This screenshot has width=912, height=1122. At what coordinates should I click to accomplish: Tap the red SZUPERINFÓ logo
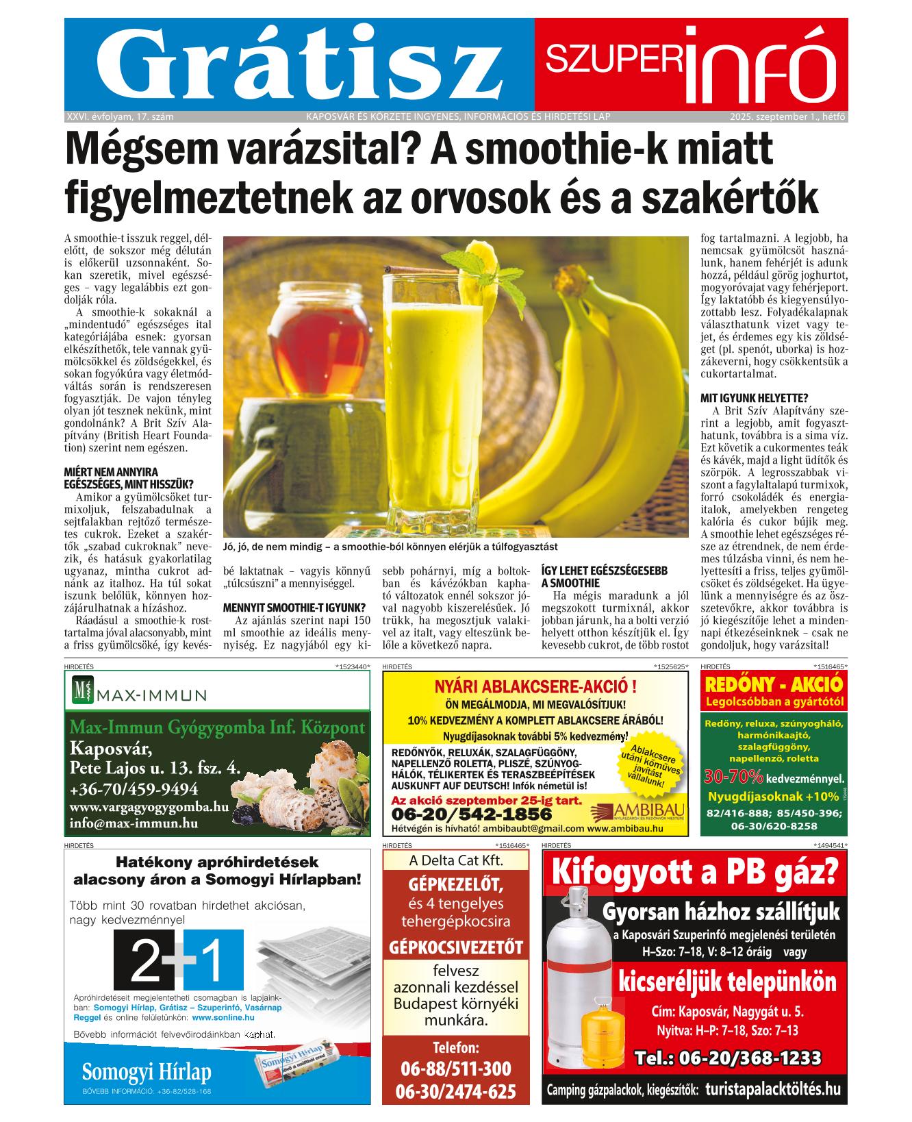click(x=690, y=63)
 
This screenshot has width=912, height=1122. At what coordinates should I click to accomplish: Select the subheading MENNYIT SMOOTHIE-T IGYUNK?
click(x=294, y=608)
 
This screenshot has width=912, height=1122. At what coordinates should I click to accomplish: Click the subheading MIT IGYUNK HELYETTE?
click(x=755, y=397)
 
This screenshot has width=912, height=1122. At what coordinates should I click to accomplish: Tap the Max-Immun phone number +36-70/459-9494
click(x=134, y=788)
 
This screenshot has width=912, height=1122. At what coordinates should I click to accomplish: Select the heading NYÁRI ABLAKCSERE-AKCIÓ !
click(x=535, y=686)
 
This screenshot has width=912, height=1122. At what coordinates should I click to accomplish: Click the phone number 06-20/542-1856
click(x=471, y=814)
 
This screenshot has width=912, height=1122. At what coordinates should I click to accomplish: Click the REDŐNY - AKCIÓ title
click(x=774, y=684)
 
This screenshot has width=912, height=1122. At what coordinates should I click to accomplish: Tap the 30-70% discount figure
click(x=734, y=777)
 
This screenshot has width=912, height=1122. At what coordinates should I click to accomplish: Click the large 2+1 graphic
click(x=177, y=960)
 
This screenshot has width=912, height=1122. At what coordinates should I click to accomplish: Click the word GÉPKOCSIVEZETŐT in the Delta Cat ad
click(x=455, y=947)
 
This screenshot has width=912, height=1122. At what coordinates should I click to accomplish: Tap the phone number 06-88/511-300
click(x=455, y=1069)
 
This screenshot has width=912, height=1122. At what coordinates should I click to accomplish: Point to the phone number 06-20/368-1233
click(x=728, y=1058)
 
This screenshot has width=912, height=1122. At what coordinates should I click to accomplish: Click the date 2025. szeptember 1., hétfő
click(x=787, y=116)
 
